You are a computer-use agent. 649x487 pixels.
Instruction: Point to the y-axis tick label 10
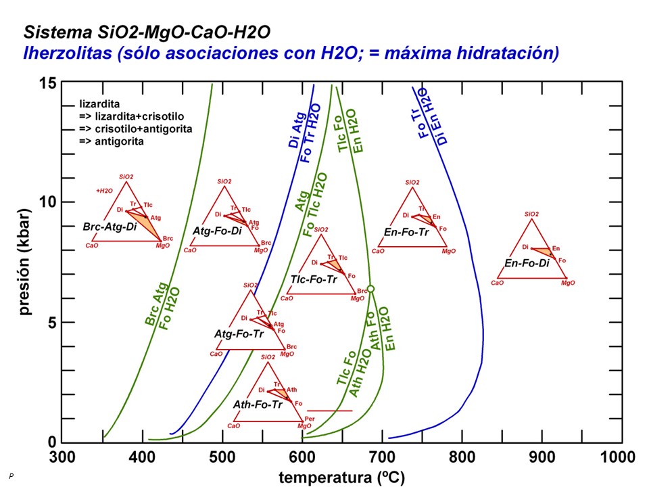point(46,202)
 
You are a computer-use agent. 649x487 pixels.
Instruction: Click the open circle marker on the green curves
point(370,289)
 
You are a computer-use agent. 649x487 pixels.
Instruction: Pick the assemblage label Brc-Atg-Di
point(110,227)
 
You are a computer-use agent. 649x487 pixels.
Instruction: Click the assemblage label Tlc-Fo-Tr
point(314,279)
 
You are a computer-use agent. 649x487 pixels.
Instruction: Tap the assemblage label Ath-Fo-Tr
point(258,404)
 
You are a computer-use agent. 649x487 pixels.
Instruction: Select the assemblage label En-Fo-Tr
point(406,232)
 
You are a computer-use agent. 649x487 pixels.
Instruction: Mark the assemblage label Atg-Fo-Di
point(216,231)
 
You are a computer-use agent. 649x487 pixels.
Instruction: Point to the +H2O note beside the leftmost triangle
point(104,191)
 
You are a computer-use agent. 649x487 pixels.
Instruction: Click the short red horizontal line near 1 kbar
point(330,411)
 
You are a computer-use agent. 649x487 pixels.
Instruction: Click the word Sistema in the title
point(55,32)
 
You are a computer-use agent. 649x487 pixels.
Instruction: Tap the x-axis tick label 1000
point(620,457)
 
